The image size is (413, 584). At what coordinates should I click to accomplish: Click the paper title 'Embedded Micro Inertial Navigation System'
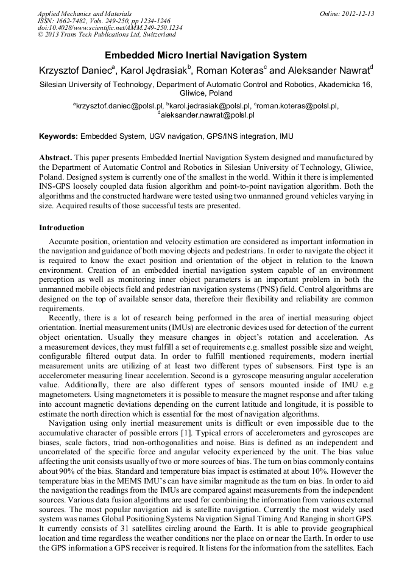click(206, 55)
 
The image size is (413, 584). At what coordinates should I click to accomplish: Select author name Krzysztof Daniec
click(73, 71)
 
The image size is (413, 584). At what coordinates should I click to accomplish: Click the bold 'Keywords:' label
click(58, 136)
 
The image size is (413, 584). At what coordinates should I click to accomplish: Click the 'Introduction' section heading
click(62, 228)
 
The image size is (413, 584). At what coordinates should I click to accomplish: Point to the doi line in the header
click(110, 28)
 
